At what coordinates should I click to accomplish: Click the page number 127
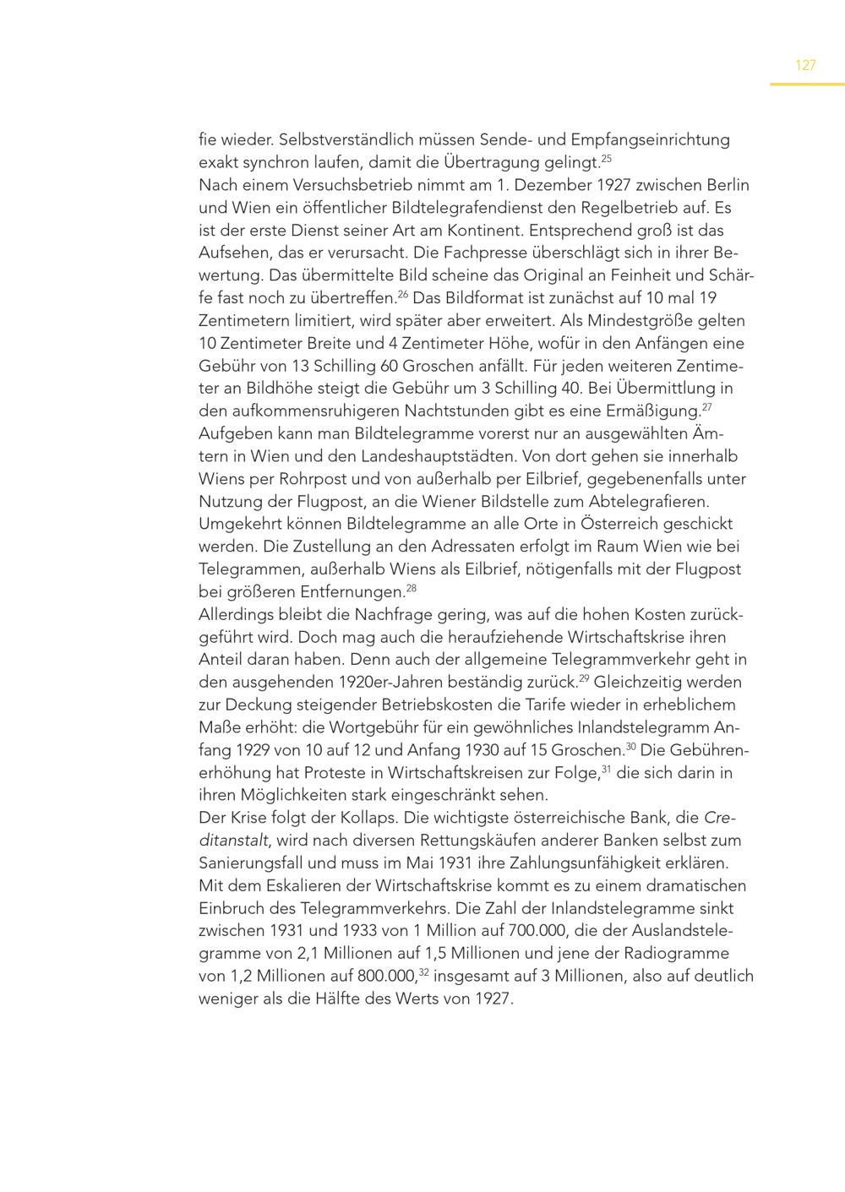805,65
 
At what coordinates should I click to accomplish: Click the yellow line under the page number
806,84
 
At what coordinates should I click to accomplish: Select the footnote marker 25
606,158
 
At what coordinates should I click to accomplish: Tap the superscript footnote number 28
412,588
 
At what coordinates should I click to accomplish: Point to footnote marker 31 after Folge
606,769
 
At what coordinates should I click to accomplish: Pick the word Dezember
553,185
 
